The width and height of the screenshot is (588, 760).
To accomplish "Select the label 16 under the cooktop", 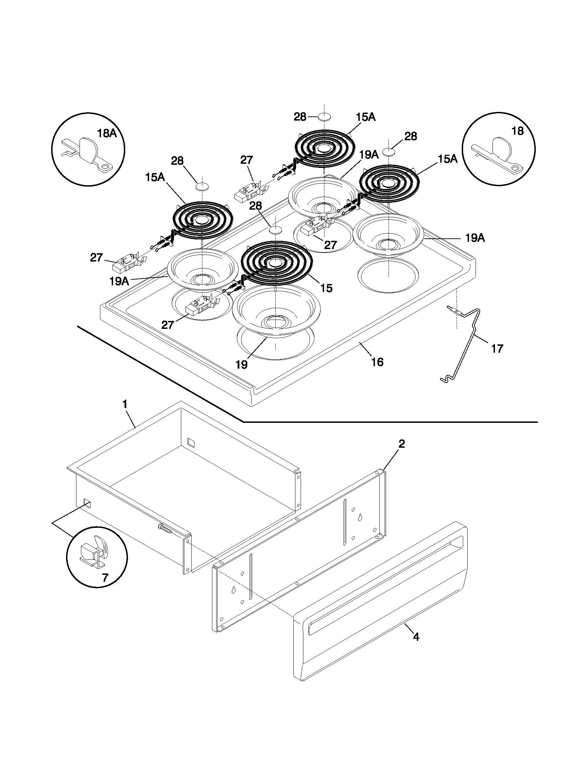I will coord(377,362).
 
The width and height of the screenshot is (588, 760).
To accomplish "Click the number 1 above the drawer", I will coord(125,404).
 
